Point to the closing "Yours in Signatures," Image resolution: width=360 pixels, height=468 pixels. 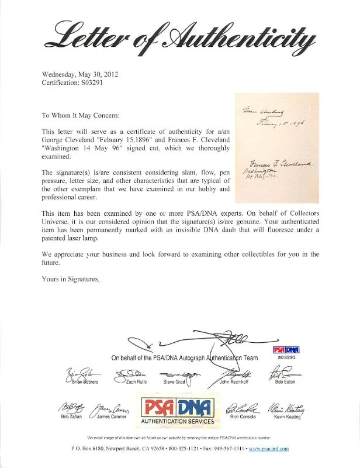pyautogui.click(x=70, y=279)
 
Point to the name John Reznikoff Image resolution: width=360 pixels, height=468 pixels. pyautogui.click(x=232, y=383)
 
